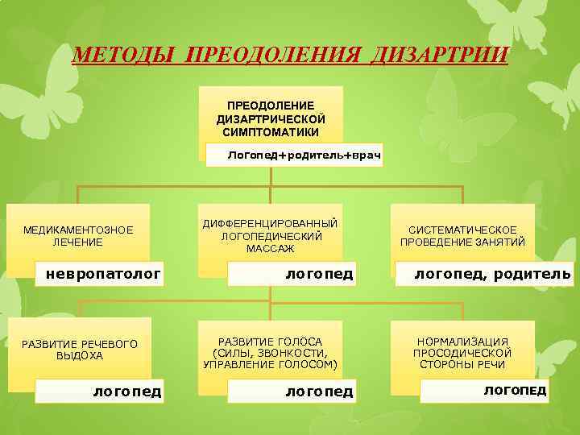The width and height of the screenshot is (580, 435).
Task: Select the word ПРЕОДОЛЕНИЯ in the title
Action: (275, 56)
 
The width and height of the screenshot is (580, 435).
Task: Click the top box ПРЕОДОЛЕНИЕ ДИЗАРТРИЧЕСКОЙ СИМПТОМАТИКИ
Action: (271, 118)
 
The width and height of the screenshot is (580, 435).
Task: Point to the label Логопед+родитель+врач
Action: (303, 153)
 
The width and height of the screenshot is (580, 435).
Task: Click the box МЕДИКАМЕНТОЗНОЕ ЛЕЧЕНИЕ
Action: (78, 235)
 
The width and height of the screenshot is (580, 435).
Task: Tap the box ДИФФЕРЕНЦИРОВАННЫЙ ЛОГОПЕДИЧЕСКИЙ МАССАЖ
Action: (271, 235)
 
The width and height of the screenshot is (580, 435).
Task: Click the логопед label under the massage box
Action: (319, 274)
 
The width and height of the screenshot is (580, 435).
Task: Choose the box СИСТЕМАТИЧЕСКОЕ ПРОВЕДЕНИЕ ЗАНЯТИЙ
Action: (462, 235)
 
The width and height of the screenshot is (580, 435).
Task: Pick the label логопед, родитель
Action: (492, 274)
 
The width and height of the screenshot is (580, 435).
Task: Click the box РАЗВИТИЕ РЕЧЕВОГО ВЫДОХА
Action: (80, 350)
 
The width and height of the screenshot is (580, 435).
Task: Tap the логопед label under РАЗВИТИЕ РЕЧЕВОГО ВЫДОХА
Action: (126, 391)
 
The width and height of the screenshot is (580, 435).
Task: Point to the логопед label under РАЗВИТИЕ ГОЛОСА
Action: (319, 391)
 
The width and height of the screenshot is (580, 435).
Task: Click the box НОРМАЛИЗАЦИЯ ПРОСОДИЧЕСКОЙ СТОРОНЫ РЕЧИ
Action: (462, 353)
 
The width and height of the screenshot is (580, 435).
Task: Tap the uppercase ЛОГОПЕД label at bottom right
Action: (514, 390)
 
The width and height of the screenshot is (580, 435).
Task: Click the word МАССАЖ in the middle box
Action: (271, 249)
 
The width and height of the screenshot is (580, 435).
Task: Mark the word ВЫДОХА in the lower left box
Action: (80, 355)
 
